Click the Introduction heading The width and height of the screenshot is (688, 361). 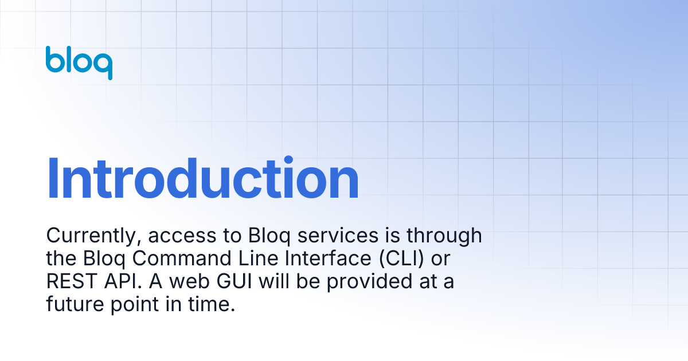pyautogui.click(x=202, y=178)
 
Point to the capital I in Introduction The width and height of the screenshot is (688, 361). pyautogui.click(x=52, y=178)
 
